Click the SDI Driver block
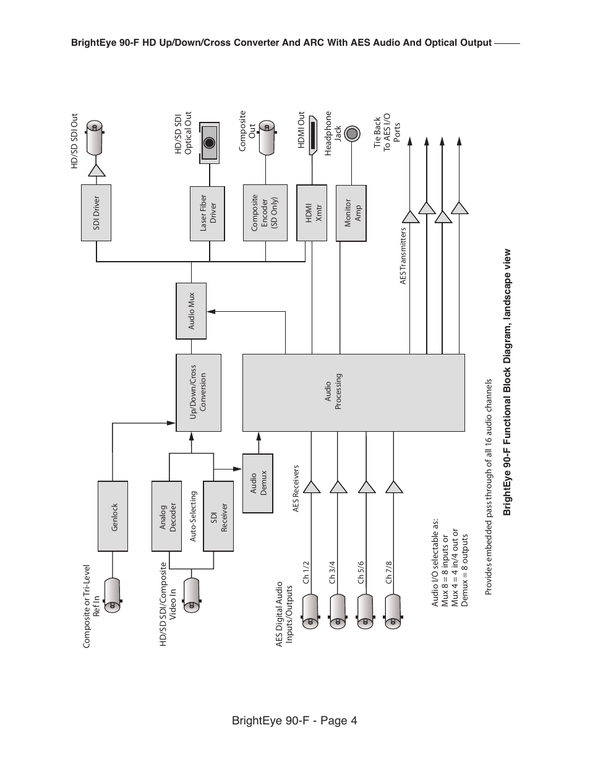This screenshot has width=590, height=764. (96, 213)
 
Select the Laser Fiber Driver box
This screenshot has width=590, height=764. (208, 213)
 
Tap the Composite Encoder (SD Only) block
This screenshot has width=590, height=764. (265, 213)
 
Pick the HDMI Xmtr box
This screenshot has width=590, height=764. (312, 213)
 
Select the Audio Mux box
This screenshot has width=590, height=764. (191, 311)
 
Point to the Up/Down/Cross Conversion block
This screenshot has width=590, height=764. (199, 392)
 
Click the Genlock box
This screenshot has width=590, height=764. (113, 517)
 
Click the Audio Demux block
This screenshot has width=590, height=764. (258, 483)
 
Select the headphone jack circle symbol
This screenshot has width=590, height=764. (352, 133)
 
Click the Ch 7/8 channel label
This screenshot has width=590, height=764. (388, 572)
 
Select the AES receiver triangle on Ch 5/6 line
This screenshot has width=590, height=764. (366, 487)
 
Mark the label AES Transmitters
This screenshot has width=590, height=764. (403, 256)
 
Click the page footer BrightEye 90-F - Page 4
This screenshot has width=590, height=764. (294, 721)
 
